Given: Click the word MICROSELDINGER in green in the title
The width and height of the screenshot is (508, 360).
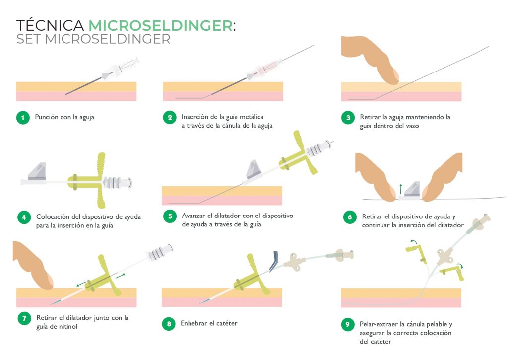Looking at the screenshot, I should (x=160, y=25).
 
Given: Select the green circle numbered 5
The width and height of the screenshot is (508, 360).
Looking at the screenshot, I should (x=170, y=216).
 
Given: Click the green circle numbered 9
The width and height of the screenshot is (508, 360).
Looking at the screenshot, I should (x=348, y=325).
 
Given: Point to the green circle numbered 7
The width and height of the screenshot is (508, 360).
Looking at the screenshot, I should (x=23, y=318).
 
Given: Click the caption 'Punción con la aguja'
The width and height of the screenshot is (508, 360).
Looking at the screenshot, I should (x=64, y=118).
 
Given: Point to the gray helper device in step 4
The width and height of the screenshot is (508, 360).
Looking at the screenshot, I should (x=38, y=171).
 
